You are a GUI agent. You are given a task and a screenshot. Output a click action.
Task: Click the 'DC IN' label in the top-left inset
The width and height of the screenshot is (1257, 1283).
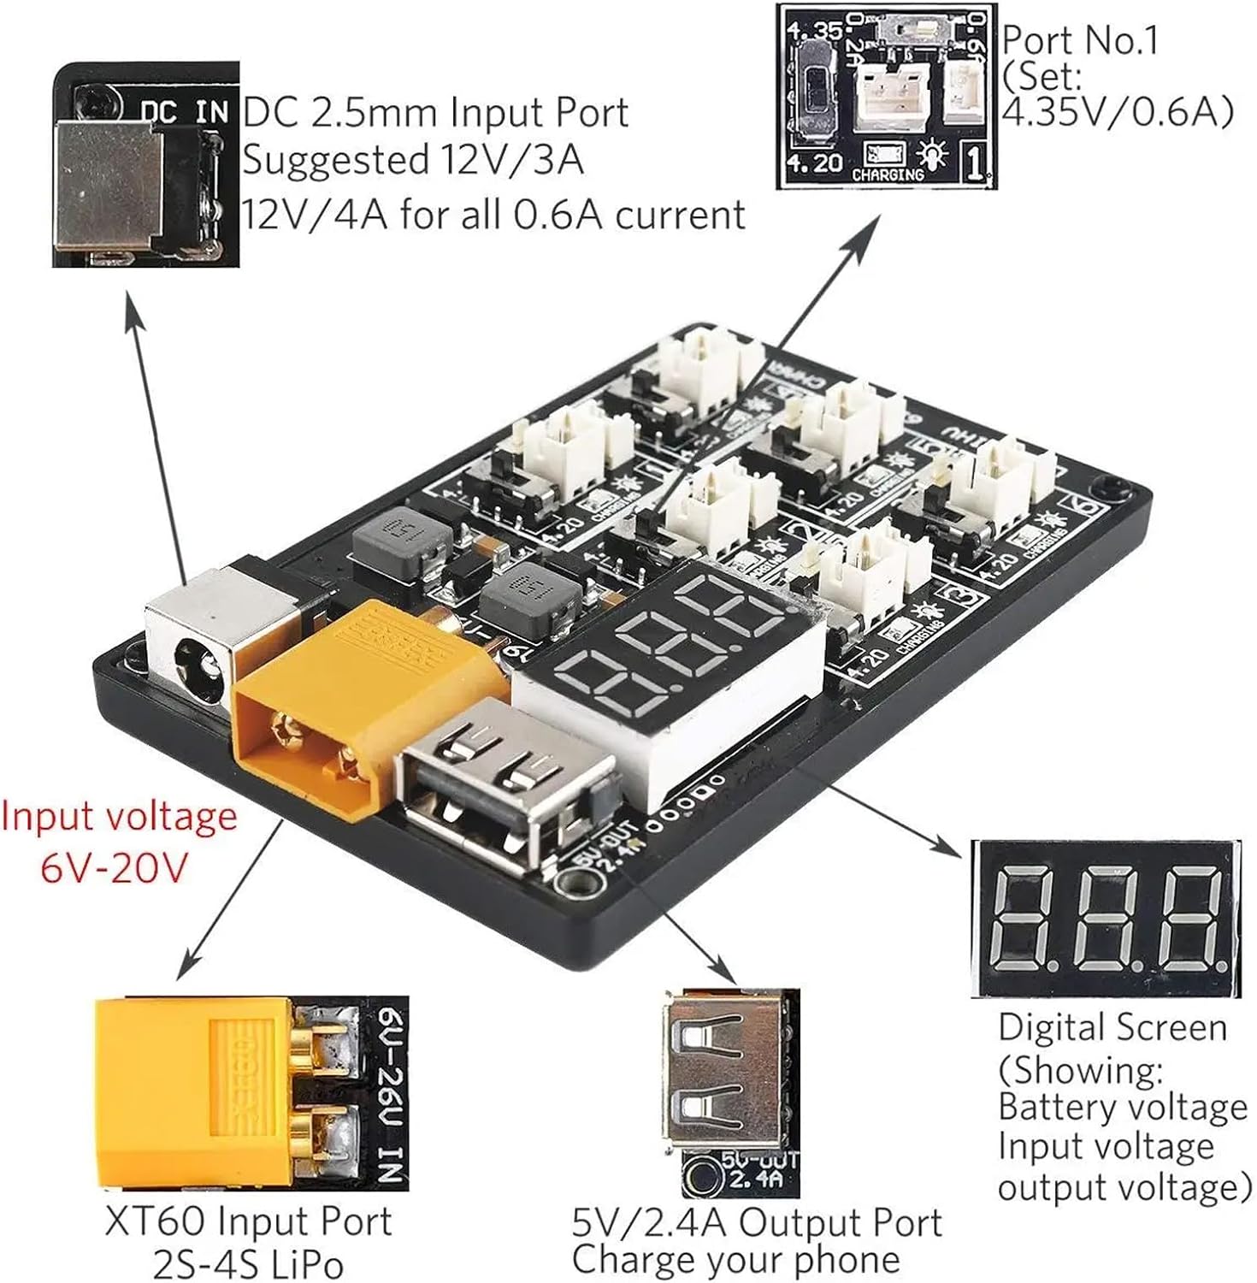click(x=185, y=112)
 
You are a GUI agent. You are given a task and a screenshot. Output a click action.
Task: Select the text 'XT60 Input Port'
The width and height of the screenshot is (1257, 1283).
click(x=248, y=1221)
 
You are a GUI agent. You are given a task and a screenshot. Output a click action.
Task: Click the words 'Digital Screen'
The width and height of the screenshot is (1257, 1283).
click(x=1112, y=1026)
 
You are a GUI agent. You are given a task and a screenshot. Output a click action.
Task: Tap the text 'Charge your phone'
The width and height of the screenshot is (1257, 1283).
click(x=735, y=1259)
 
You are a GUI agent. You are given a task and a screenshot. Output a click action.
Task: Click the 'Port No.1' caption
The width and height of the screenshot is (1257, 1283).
click(x=1080, y=40)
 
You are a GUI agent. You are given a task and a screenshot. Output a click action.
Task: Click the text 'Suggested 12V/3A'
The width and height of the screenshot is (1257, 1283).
click(x=413, y=161)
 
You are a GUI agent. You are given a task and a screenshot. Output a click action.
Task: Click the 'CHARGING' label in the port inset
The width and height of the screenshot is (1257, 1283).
click(x=888, y=175)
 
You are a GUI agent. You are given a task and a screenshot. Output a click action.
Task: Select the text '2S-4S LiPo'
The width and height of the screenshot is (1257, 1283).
click(x=248, y=1262)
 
